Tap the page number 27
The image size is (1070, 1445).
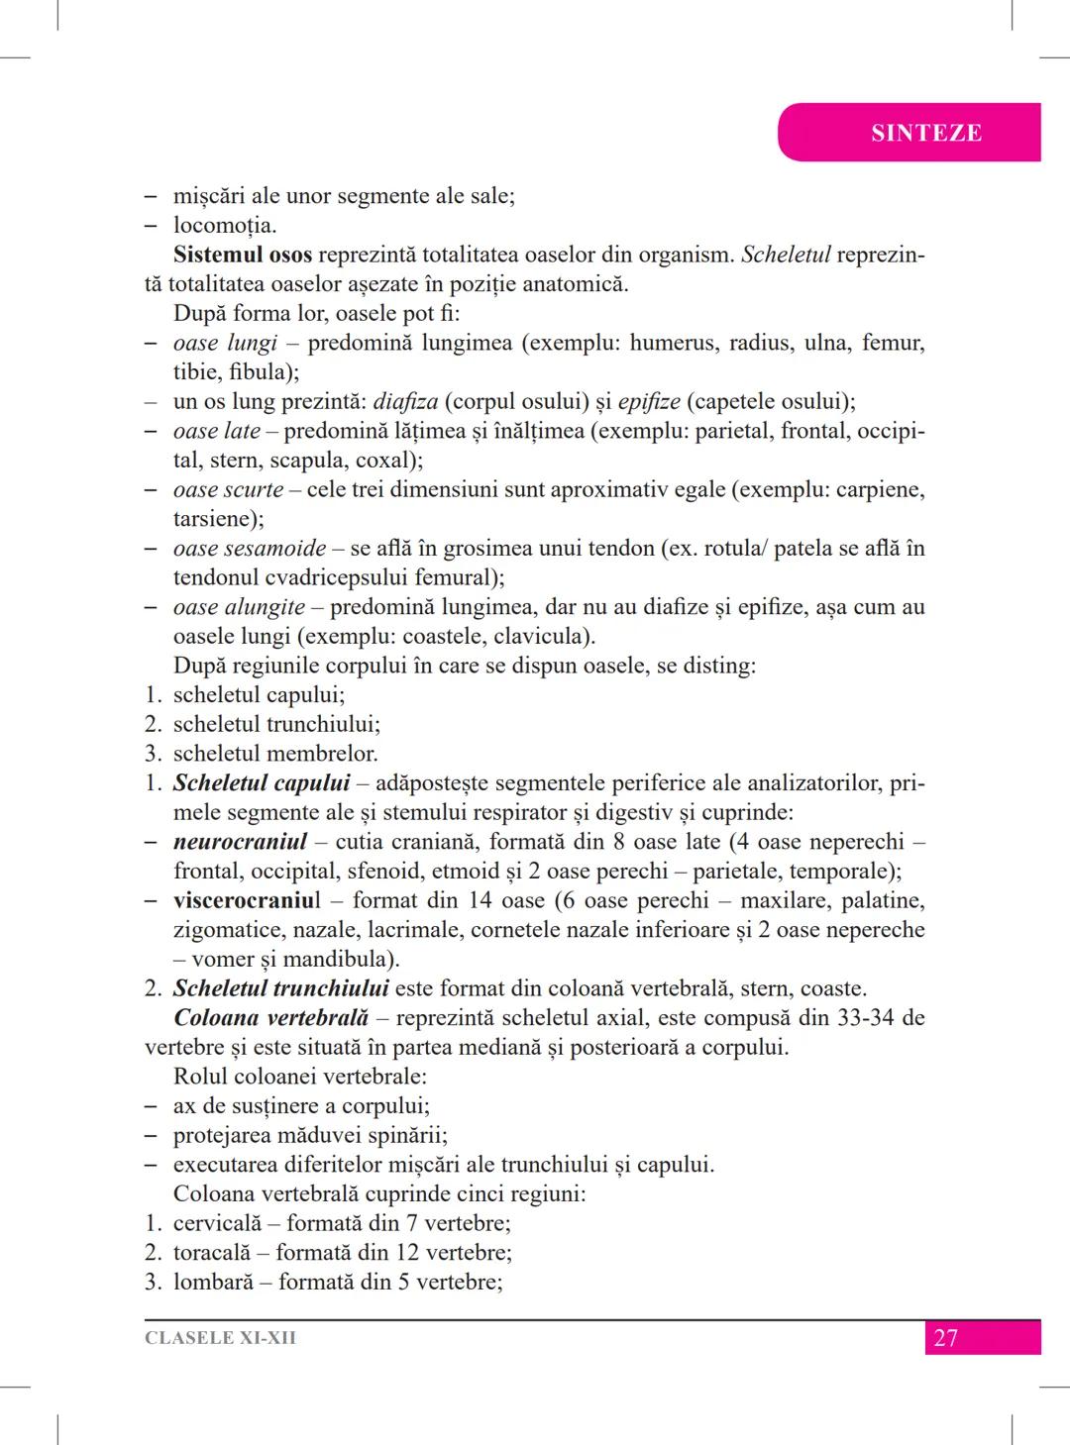(946, 1338)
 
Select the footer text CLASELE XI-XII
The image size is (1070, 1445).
(220, 1338)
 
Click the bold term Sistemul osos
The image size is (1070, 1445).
(242, 255)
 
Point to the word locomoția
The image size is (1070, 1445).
(225, 225)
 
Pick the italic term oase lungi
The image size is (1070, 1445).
(225, 343)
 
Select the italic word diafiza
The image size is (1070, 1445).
(405, 401)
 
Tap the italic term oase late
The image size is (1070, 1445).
(216, 431)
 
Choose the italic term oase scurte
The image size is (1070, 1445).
(228, 489)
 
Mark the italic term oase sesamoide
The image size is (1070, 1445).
(250, 548)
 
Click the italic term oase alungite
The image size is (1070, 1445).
(239, 607)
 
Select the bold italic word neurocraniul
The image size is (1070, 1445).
(240, 842)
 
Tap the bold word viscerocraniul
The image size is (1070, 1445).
(247, 900)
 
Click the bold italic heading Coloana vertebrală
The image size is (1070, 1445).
(270, 1017)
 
